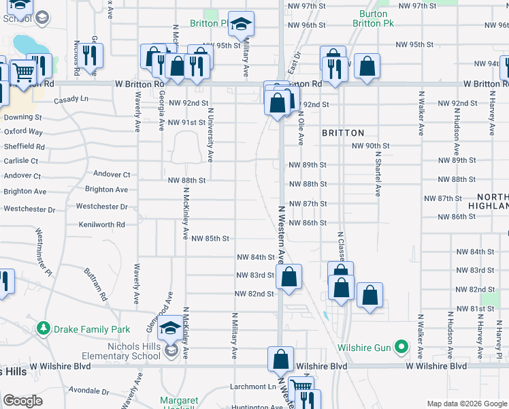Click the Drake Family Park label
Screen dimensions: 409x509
(x=93, y=329)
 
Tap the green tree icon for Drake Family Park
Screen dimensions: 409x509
(x=44, y=329)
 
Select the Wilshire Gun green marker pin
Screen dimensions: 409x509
(x=401, y=348)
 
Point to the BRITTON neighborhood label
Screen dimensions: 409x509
(x=343, y=133)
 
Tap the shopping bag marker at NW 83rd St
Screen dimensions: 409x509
(x=289, y=277)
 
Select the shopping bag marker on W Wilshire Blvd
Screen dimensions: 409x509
(x=280, y=359)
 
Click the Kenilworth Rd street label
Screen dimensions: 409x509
(x=102, y=224)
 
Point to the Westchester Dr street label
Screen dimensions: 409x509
(x=102, y=206)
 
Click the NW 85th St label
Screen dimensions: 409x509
(x=210, y=239)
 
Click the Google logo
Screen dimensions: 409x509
(x=23, y=401)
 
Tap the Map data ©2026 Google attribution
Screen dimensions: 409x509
(x=466, y=404)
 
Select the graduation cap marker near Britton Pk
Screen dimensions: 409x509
(x=240, y=25)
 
